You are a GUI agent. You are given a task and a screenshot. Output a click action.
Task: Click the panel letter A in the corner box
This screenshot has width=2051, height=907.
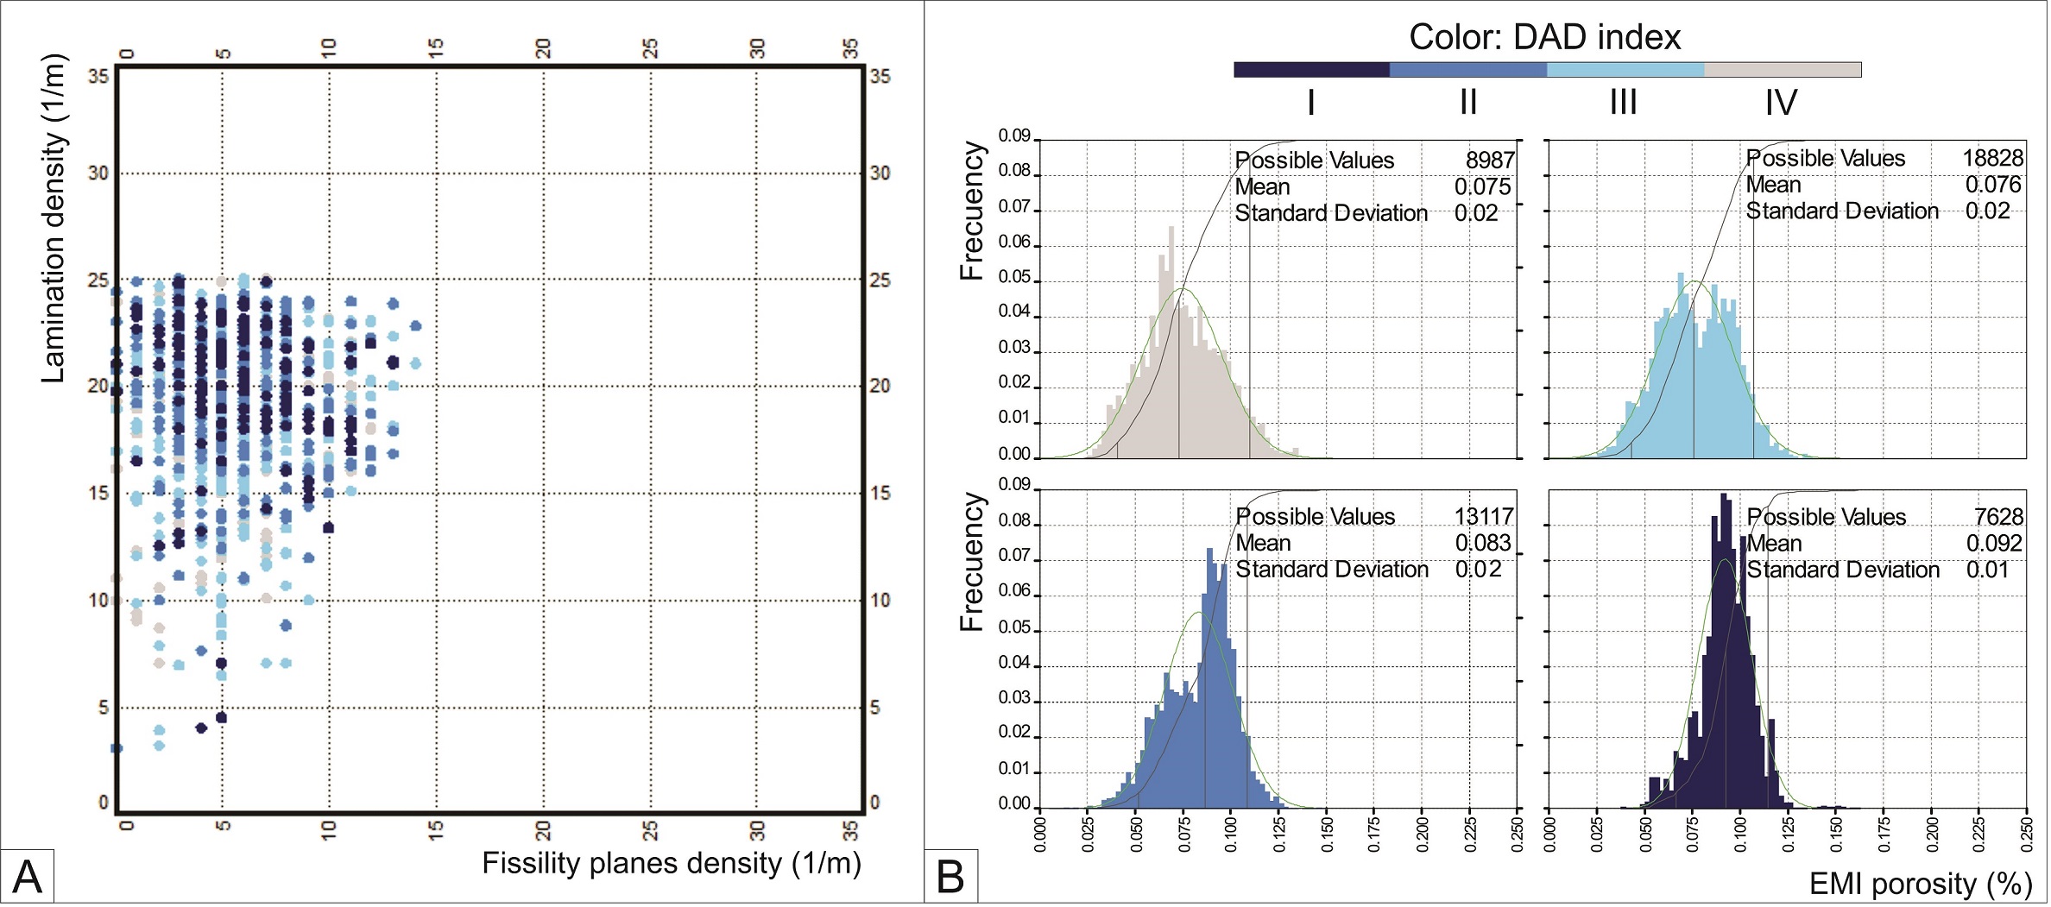[28, 878]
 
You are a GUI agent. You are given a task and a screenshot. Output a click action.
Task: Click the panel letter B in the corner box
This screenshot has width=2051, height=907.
[950, 878]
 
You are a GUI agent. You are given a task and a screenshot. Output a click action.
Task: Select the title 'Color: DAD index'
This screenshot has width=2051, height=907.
[1544, 37]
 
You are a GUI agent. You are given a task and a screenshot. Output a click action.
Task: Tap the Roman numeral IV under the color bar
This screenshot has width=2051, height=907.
[1780, 104]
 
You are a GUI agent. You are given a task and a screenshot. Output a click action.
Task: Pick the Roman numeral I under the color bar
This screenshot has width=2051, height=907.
[1310, 104]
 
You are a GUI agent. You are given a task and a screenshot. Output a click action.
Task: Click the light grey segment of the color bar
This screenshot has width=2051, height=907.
[1782, 70]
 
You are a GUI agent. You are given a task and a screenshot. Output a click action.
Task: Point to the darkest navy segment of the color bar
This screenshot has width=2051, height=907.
[1311, 70]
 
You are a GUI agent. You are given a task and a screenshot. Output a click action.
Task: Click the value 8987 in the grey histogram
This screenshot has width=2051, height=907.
[1489, 161]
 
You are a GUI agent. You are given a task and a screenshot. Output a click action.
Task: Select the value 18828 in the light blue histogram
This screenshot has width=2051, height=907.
[1992, 159]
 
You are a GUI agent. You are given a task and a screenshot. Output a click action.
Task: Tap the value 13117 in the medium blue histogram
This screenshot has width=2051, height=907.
[1484, 517]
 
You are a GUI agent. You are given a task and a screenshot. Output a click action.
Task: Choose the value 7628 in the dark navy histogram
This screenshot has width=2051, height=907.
[1998, 517]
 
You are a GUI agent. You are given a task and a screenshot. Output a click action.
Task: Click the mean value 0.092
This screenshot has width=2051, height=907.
[1994, 544]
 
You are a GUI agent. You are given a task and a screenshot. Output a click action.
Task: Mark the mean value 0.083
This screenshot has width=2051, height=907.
[1483, 544]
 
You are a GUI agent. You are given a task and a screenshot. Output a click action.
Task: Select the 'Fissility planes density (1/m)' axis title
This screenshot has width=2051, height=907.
[671, 863]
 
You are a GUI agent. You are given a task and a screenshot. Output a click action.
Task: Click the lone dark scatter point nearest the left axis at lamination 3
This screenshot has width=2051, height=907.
[117, 748]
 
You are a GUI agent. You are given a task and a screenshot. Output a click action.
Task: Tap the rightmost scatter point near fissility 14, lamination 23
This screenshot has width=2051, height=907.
[415, 326]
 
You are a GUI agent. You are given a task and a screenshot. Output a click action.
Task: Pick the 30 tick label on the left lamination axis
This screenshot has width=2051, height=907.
[98, 173]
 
